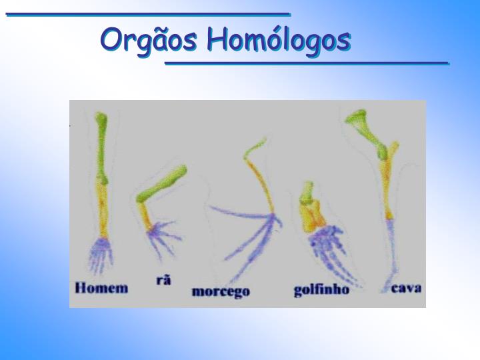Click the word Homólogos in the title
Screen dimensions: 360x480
tap(278, 39)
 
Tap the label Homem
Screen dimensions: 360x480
tap(101, 289)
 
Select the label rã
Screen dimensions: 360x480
tap(163, 280)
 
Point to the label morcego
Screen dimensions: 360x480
tap(220, 291)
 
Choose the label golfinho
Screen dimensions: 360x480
tap(321, 291)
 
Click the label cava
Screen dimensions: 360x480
tap(407, 288)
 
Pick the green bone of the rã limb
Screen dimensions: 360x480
tap(162, 185)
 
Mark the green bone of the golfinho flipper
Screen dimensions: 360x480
tap(307, 191)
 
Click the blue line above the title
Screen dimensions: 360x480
tap(148, 14)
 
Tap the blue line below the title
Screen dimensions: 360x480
tap(307, 63)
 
